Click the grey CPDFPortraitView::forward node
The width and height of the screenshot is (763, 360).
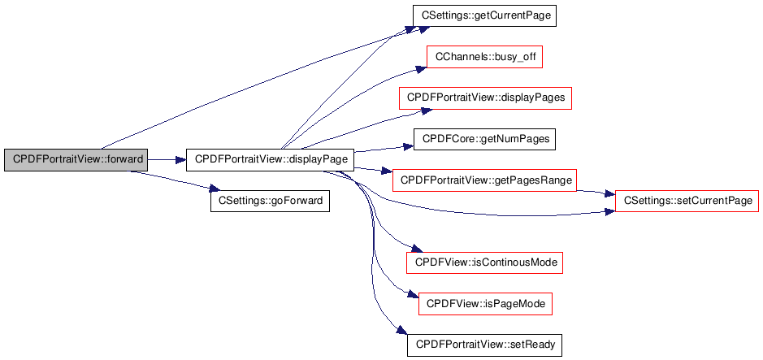pyautogui.click(x=76, y=159)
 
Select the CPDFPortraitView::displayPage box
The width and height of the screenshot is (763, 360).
pyautogui.click(x=271, y=159)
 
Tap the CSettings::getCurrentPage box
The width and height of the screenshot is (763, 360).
pyautogui.click(x=484, y=15)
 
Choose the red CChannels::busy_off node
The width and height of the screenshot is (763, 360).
pyautogui.click(x=485, y=57)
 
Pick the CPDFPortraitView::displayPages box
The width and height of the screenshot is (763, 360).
pyautogui.click(x=485, y=98)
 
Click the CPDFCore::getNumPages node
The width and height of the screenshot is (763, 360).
pyautogui.click(x=485, y=139)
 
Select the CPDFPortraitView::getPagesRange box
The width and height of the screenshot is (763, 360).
pyautogui.click(x=484, y=180)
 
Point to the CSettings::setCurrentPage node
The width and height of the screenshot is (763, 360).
pyautogui.click(x=687, y=200)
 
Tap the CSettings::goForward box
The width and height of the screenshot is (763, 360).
pyautogui.click(x=270, y=200)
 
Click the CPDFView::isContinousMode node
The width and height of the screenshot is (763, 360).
pyautogui.click(x=484, y=262)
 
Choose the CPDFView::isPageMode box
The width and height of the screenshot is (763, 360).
pyautogui.click(x=485, y=304)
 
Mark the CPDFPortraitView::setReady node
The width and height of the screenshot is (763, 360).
pyautogui.click(x=484, y=345)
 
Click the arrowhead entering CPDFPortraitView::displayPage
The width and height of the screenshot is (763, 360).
pyautogui.click(x=180, y=159)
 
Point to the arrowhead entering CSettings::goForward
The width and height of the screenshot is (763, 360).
pyautogui.click(x=215, y=189)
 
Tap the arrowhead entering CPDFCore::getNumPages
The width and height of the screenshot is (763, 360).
pyautogui.click(x=408, y=145)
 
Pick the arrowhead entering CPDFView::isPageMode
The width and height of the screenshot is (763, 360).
pyautogui.click(x=413, y=294)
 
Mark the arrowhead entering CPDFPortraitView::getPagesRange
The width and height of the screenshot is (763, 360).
pyautogui.click(x=387, y=171)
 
